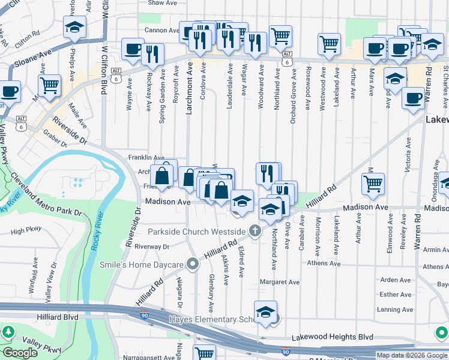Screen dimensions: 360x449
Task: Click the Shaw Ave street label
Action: click(161, 3)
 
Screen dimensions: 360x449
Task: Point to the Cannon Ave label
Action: click(161, 30)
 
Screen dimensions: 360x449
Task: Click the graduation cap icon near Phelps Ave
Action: click(74, 27)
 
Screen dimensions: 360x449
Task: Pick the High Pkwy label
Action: click(25, 230)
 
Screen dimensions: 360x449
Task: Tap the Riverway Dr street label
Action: click(152, 246)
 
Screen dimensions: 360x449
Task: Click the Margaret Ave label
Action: click(279, 281)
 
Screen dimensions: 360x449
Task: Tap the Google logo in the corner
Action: click(20, 353)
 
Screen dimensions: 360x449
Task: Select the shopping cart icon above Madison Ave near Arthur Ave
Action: click(373, 184)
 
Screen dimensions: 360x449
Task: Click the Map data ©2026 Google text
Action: click(412, 355)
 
